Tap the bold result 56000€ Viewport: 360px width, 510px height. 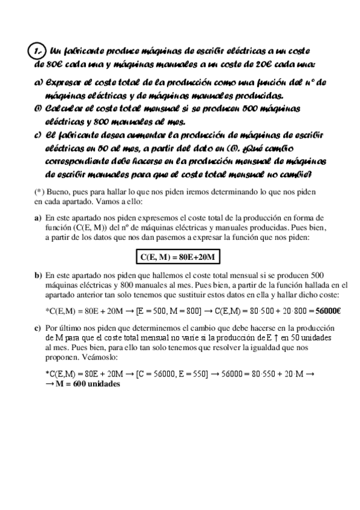tap(328, 311)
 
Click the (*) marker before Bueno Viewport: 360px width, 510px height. tap(40, 191)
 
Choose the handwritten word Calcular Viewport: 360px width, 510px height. tap(67, 109)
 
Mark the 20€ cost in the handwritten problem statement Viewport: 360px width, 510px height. tap(263, 64)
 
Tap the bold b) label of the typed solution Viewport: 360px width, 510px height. tap(38, 275)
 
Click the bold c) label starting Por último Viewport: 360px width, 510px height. tap(38, 328)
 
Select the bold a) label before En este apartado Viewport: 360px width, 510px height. tap(38, 218)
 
